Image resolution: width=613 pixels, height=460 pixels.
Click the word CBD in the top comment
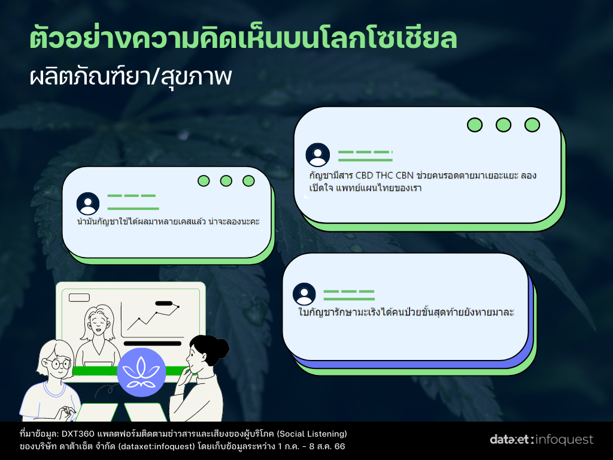364,175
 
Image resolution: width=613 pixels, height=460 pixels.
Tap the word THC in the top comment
384,175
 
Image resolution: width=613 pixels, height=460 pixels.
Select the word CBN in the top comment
405,175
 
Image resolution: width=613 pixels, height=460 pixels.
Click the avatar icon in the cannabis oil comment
88,204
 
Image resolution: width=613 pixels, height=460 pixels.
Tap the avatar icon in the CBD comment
317,155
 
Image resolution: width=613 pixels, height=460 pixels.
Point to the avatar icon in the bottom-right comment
304,294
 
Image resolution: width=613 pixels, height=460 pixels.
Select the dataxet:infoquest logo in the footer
541,440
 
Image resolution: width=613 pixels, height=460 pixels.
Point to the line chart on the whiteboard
153,317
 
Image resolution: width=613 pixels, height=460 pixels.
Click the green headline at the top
243,39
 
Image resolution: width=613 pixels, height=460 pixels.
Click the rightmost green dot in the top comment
532,125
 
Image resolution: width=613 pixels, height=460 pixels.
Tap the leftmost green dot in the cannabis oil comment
204,181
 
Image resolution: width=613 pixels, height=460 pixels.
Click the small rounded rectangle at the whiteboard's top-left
80,298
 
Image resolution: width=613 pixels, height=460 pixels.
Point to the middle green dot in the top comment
503,125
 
